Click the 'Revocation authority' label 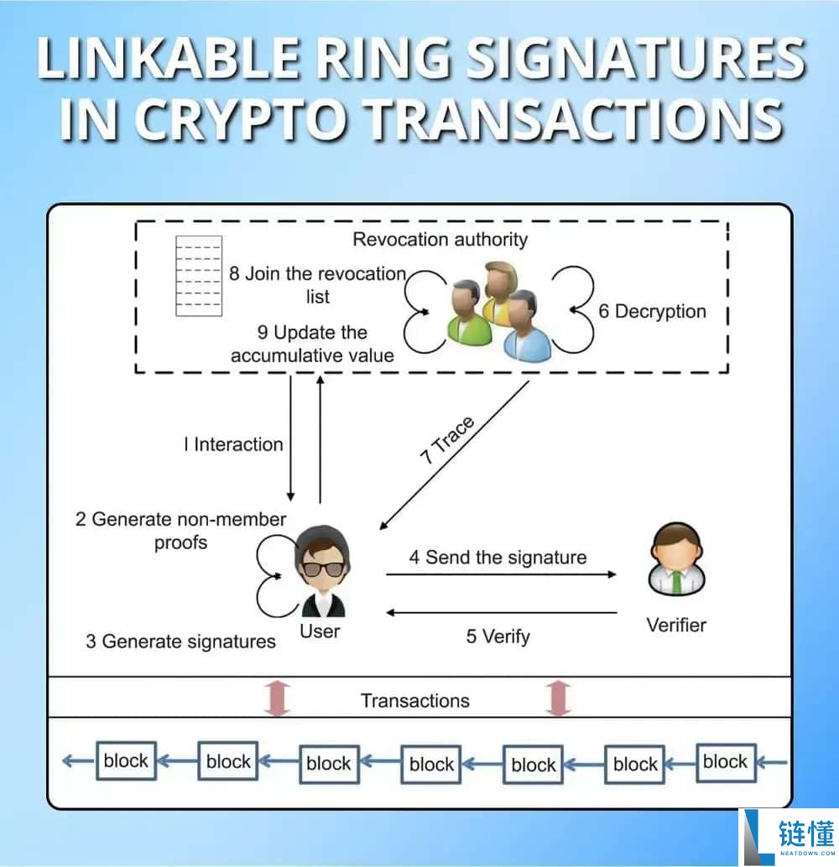440,240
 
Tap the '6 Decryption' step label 652,311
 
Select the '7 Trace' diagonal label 447,440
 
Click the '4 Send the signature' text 498,557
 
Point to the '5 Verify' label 498,636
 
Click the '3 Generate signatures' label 180,641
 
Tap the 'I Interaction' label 233,444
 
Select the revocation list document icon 199,276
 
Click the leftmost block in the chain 126,761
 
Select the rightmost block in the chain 726,762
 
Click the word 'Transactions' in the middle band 415,701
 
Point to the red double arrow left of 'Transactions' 277,698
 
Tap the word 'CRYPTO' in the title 242,118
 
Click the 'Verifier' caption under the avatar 676,626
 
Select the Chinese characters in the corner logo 805,833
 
